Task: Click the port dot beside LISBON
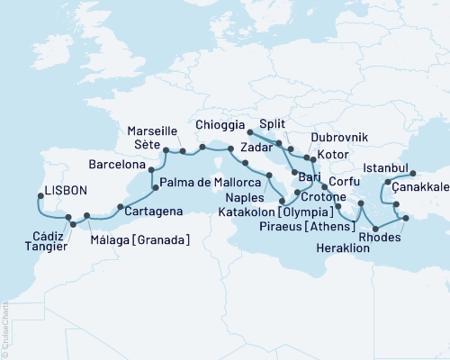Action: (x=36, y=201)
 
